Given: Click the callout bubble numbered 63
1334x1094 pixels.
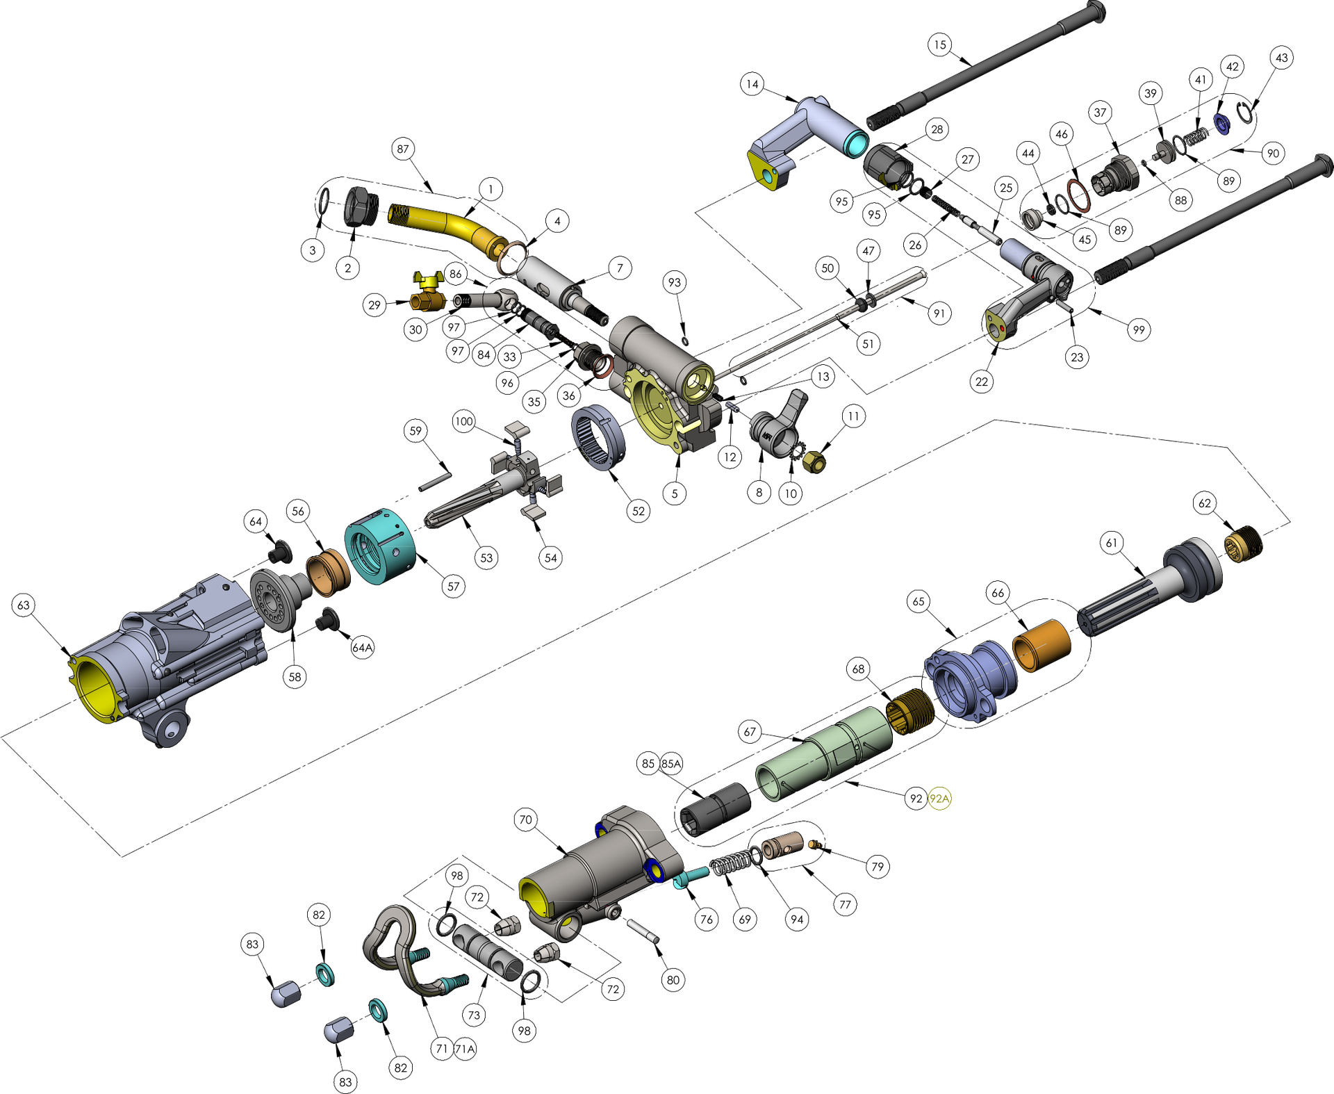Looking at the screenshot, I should (24, 605).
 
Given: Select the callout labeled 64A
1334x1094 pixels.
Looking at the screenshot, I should (362, 648).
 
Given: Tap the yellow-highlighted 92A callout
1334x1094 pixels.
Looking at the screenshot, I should (939, 799).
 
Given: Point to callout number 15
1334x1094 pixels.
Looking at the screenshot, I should (939, 45).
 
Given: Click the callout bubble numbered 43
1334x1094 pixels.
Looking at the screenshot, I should (1282, 58).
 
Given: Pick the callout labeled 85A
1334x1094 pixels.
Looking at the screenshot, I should (671, 764).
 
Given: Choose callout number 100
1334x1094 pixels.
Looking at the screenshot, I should (463, 421).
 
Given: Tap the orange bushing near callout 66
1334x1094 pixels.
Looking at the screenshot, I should (1042, 646).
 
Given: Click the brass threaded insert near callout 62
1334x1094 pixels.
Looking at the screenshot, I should (1243, 544).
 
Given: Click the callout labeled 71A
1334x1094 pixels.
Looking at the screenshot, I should (465, 1049).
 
